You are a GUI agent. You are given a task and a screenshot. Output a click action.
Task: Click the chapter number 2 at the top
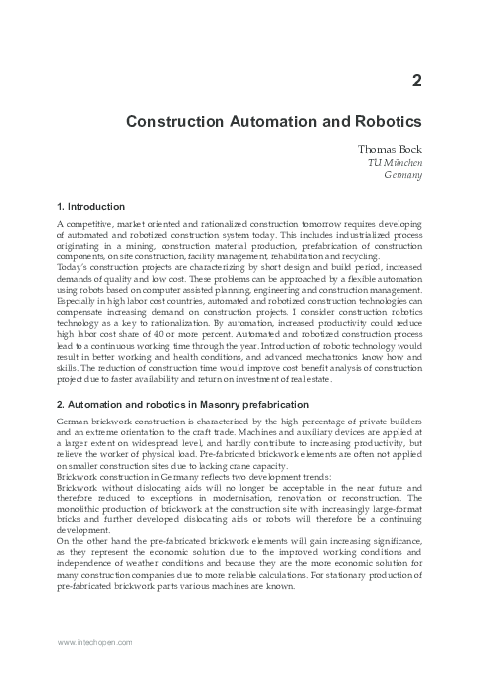tap(417, 83)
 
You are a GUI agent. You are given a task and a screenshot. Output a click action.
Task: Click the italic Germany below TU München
tap(402, 175)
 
